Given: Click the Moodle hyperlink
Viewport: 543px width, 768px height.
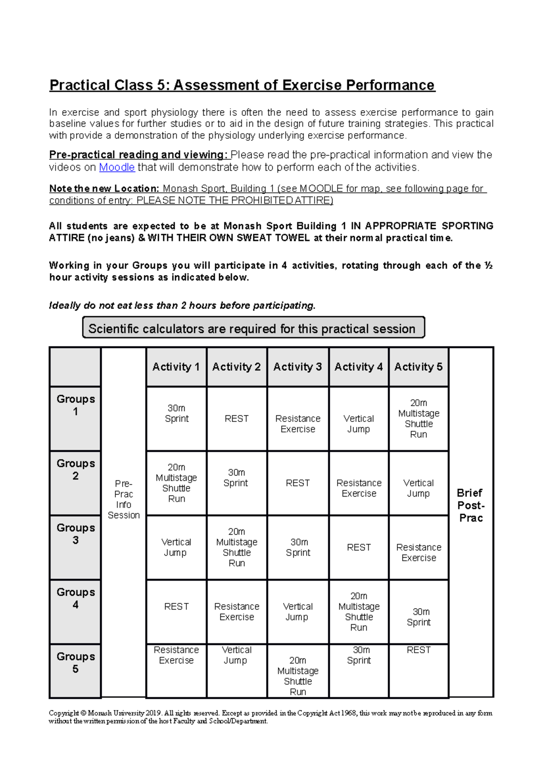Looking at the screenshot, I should coord(117,167).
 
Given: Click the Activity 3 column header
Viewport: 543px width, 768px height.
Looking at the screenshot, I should coord(297,367).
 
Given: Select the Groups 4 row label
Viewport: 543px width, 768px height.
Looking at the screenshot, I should coord(76,598).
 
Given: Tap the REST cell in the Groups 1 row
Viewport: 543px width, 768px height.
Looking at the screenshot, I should coord(237,419).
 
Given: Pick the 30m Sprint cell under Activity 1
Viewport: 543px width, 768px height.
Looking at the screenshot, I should coord(176,413).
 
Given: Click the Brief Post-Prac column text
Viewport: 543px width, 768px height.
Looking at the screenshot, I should coord(471,505).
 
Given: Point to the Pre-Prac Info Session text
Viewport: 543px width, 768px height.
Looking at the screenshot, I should coord(124,499).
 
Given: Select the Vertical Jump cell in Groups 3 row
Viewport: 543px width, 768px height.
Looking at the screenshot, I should coord(176,547).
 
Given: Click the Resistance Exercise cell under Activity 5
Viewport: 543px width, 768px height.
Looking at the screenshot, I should coord(419,552).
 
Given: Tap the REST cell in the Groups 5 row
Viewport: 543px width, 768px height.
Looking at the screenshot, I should coord(419,650).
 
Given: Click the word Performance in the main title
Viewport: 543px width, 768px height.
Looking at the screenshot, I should coord(390,85).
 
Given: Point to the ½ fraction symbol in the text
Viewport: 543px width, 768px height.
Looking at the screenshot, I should coord(488,265).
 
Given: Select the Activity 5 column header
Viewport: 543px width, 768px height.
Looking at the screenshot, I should coord(418,367).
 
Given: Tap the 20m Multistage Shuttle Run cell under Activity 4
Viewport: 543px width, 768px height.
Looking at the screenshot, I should coord(359,612).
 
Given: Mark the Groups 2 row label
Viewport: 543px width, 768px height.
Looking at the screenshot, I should coord(76,469).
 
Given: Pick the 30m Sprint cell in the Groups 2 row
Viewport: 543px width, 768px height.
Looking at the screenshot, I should coord(236,478).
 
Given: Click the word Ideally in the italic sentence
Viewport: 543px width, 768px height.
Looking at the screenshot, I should coord(65,306).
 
